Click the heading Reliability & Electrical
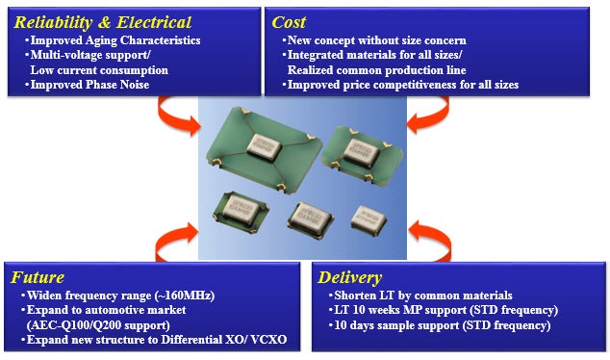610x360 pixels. (101, 21)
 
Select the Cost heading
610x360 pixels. (290, 21)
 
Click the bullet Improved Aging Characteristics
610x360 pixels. (114, 40)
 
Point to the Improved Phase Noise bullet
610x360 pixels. (93, 85)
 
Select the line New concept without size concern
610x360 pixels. (376, 40)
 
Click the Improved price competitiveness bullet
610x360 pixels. (400, 85)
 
